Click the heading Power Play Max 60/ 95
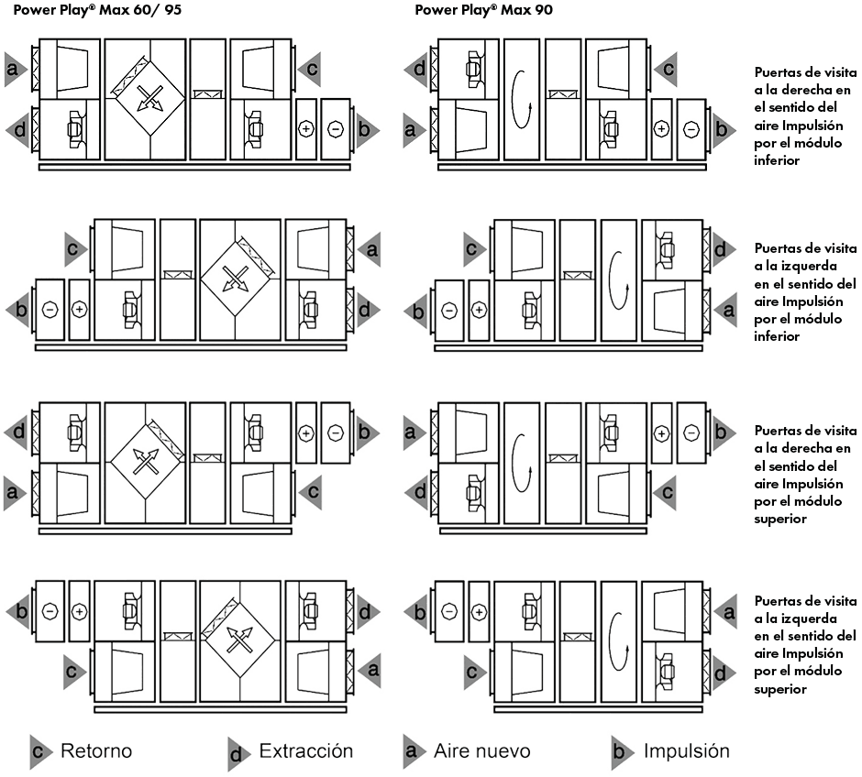point(97,10)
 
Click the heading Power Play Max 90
point(484,10)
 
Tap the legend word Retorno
point(96,750)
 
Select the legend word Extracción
point(306,750)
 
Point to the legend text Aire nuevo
point(482,750)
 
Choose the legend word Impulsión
point(687,750)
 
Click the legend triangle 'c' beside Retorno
point(40,751)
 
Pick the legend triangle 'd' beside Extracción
point(239,753)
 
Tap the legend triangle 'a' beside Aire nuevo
point(414,750)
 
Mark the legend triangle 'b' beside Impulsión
point(623,751)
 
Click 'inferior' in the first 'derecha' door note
point(777,160)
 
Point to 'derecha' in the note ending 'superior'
point(816,448)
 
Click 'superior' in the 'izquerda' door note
point(780,689)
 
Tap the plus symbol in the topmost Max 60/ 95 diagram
point(306,129)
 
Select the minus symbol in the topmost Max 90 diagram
point(691,129)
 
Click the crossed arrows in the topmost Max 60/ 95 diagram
point(149,98)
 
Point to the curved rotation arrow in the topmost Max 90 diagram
point(520,99)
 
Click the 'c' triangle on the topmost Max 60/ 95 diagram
point(310,70)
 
